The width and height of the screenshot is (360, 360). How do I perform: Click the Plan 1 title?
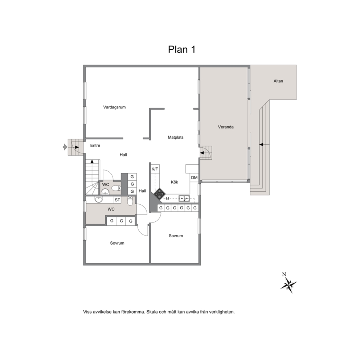pyautogui.click(x=181, y=49)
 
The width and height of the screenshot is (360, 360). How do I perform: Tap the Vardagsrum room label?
pyautogui.click(x=114, y=107)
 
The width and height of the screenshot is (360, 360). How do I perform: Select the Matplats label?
pyautogui.click(x=176, y=137)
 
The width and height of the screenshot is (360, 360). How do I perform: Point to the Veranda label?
pyautogui.click(x=226, y=127)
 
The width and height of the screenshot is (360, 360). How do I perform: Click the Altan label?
pyautogui.click(x=278, y=81)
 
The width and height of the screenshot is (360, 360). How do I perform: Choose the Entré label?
pyautogui.click(x=95, y=145)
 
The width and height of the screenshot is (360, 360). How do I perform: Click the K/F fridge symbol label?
pyautogui.click(x=155, y=169)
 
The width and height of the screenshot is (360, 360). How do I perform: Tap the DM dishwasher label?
pyautogui.click(x=194, y=178)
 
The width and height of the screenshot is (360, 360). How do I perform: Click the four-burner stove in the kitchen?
pyautogui.click(x=159, y=194)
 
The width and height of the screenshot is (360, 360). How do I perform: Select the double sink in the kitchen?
pyautogui.click(x=184, y=198)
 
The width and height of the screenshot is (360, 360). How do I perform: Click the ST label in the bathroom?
pyautogui.click(x=117, y=200)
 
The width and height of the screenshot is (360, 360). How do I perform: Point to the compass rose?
pyautogui.click(x=289, y=285)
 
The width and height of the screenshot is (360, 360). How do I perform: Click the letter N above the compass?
pyautogui.click(x=284, y=274)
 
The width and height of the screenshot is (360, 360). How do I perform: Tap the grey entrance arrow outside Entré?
pyautogui.click(x=65, y=147)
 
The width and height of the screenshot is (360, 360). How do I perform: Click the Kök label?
pyautogui.click(x=175, y=182)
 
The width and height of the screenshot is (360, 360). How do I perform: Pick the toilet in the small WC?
pyautogui.click(x=116, y=188)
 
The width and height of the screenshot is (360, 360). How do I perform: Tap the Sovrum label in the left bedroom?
pyautogui.click(x=117, y=243)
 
